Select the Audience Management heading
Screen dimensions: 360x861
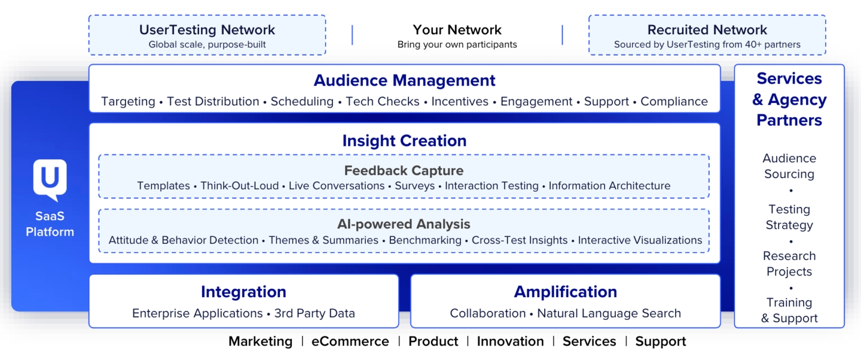pyautogui.click(x=404, y=80)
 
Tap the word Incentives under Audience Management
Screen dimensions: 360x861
pyautogui.click(x=460, y=102)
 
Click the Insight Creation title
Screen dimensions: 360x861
pyautogui.click(x=404, y=141)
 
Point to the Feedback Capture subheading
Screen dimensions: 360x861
pyautogui.click(x=404, y=171)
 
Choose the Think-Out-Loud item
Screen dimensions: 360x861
pyautogui.click(x=239, y=186)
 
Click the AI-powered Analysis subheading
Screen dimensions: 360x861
pyautogui.click(x=404, y=224)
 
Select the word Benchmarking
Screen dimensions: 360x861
pyautogui.click(x=425, y=240)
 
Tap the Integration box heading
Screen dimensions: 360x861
pyautogui.click(x=243, y=292)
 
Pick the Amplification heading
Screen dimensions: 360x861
pyautogui.click(x=565, y=292)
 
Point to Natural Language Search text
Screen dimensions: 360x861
pyautogui.click(x=609, y=313)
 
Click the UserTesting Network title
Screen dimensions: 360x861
pyautogui.click(x=207, y=30)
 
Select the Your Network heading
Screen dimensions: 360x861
pyautogui.click(x=457, y=30)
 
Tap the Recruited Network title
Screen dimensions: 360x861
pyautogui.click(x=707, y=30)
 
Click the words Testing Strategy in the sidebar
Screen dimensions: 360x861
pyautogui.click(x=789, y=217)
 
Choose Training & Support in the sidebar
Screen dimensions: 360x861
pyautogui.click(x=789, y=310)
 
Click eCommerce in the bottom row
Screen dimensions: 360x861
pyautogui.click(x=350, y=341)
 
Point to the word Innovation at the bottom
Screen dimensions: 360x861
pyautogui.click(x=510, y=341)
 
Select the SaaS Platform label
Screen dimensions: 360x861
pyautogui.click(x=50, y=224)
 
